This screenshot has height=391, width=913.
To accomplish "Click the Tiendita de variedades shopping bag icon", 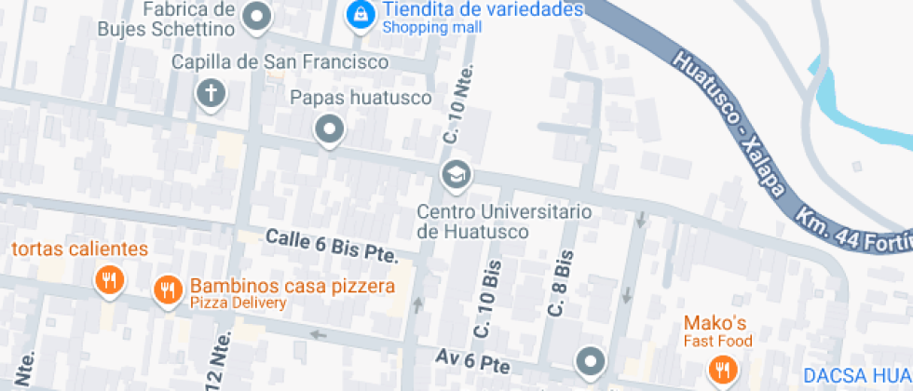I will tap(358, 15).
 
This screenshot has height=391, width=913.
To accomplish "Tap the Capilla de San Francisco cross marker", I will tap(211, 94).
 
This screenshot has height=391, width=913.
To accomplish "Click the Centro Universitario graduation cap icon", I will tap(456, 174).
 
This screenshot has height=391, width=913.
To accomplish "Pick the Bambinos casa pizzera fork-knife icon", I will tap(168, 290).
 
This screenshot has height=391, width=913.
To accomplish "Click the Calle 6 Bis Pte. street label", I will tap(332, 246).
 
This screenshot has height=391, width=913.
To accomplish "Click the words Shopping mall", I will tap(432, 28).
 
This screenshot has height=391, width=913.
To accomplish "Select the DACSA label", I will tap(857, 376).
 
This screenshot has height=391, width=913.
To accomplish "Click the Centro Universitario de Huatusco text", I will tap(503, 221).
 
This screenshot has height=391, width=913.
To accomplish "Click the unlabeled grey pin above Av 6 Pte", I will tap(591, 359).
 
